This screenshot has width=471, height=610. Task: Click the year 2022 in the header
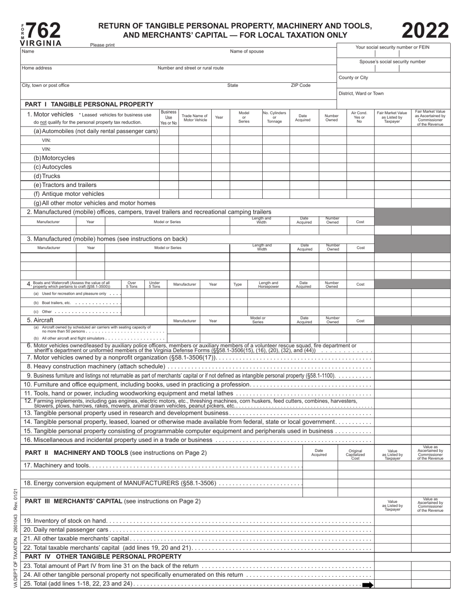425,31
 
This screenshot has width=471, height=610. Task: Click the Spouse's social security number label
392,61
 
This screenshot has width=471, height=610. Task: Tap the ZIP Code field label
300,85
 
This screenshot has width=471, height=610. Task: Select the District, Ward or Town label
361,93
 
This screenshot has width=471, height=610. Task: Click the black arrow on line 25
367,585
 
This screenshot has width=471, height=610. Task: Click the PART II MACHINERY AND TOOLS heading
116,452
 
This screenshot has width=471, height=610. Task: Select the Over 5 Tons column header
132,285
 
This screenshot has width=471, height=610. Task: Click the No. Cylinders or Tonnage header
274,118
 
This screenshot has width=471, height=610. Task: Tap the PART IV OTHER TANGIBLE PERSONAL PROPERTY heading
103,556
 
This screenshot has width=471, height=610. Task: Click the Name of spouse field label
247,51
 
